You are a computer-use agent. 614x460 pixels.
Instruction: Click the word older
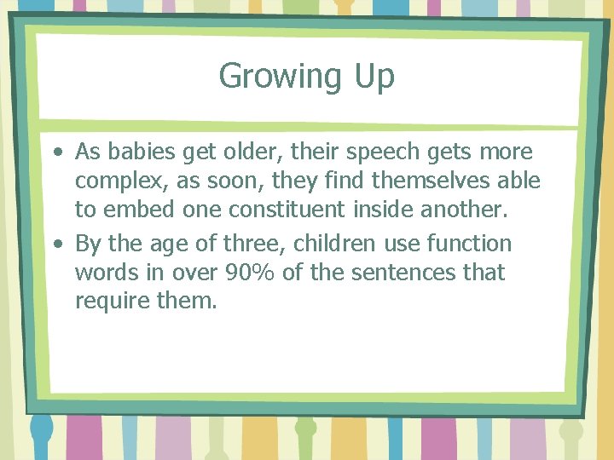click(251, 152)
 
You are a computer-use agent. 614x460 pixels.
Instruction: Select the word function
click(467, 244)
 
